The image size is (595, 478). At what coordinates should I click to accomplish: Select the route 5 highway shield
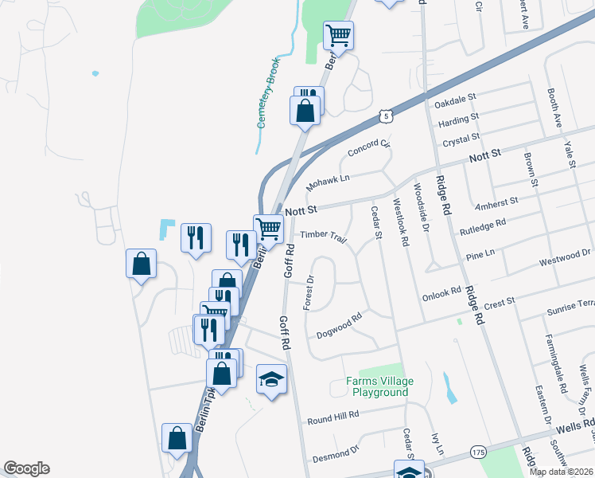[386, 116]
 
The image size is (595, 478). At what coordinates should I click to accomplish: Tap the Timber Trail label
[324, 237]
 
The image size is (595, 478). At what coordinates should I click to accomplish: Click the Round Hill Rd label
[333, 416]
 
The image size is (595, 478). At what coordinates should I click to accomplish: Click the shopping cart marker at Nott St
[269, 229]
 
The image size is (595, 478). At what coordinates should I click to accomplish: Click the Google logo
[26, 468]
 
